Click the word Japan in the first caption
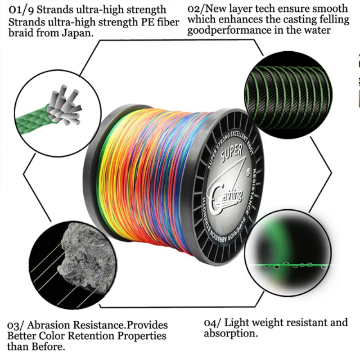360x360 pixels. tap(77, 33)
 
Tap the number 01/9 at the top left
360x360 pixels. tap(21, 10)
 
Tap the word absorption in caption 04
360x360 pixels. tap(231, 333)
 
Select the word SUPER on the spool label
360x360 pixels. tap(232, 152)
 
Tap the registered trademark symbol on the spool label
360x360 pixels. tap(248, 172)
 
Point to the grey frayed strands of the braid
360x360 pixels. tap(65, 105)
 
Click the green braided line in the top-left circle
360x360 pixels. tap(32, 121)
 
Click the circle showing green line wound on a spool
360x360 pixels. tap(288, 95)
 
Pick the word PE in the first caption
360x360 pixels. tap(148, 22)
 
